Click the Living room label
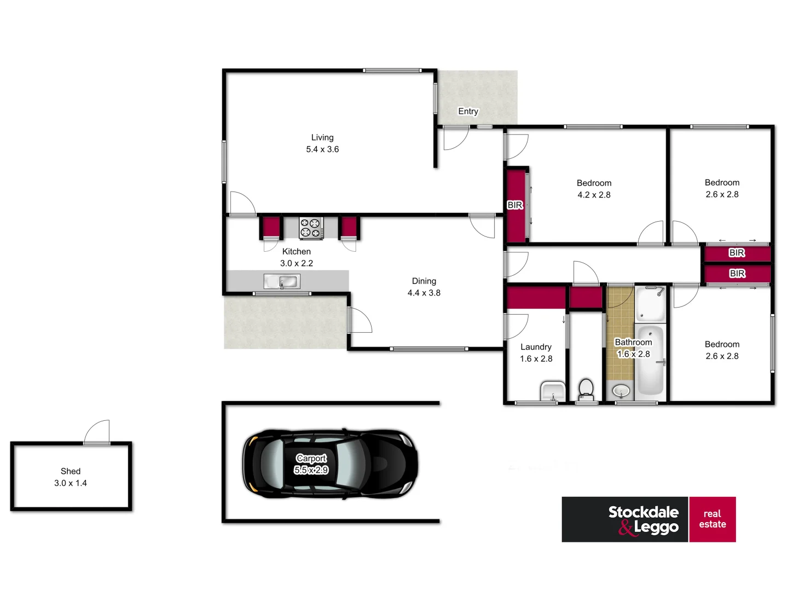322,143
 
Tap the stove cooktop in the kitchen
311,228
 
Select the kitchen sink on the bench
282,282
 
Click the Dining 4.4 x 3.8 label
424,287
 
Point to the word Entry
468,111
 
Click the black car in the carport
330,463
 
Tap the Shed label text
71,471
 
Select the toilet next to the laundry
586,389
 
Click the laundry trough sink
553,391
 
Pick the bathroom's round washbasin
621,391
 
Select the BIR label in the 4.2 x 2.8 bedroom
515,205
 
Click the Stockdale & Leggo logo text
644,519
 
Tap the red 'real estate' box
712,519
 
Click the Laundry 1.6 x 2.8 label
536,353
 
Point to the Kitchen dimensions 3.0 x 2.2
297,263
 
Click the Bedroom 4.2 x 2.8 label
594,189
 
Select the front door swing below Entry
455,138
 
